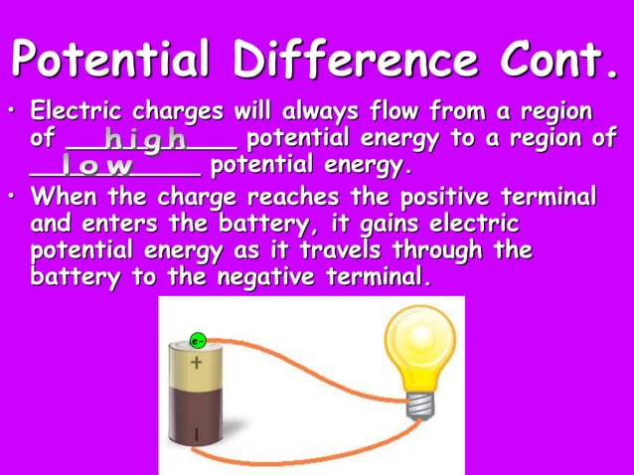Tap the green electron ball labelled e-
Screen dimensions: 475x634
(198, 341)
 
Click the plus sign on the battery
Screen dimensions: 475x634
(196, 363)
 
